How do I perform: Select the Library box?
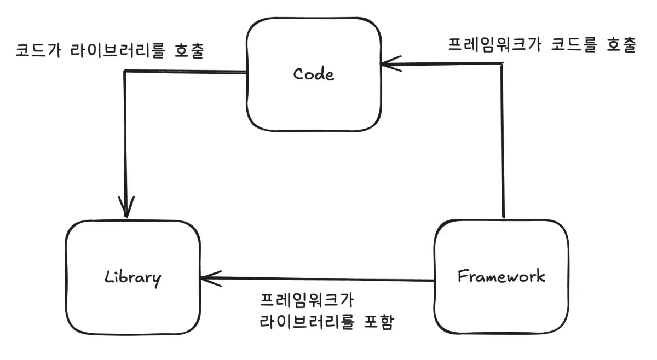[x=132, y=306]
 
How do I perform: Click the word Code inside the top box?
[x=313, y=74]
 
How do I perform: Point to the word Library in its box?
[x=132, y=277]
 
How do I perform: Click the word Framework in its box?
[x=501, y=276]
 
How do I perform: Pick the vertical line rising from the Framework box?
[x=503, y=142]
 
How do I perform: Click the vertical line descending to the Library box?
[x=126, y=137]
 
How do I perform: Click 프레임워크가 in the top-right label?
[x=488, y=44]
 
